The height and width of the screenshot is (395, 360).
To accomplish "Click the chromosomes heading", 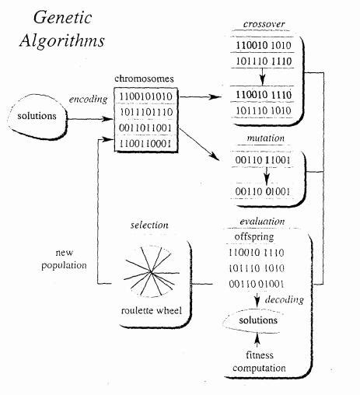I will (x=142, y=79).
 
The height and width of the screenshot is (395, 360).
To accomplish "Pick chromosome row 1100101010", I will (x=142, y=96).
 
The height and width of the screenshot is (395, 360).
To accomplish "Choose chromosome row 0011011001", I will (x=142, y=128).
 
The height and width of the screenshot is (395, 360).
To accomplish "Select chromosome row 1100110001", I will (x=142, y=144).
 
